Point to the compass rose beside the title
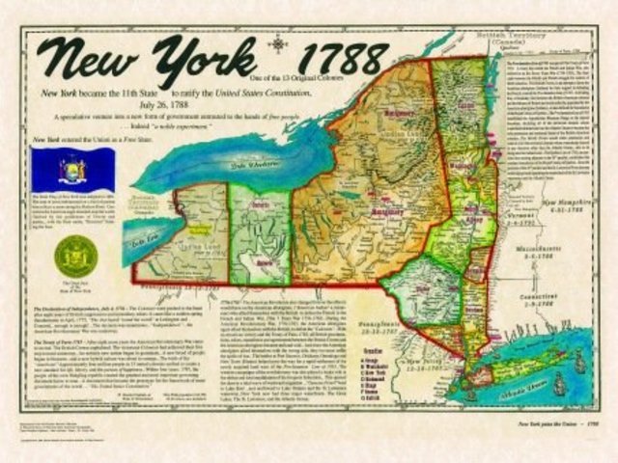280,42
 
